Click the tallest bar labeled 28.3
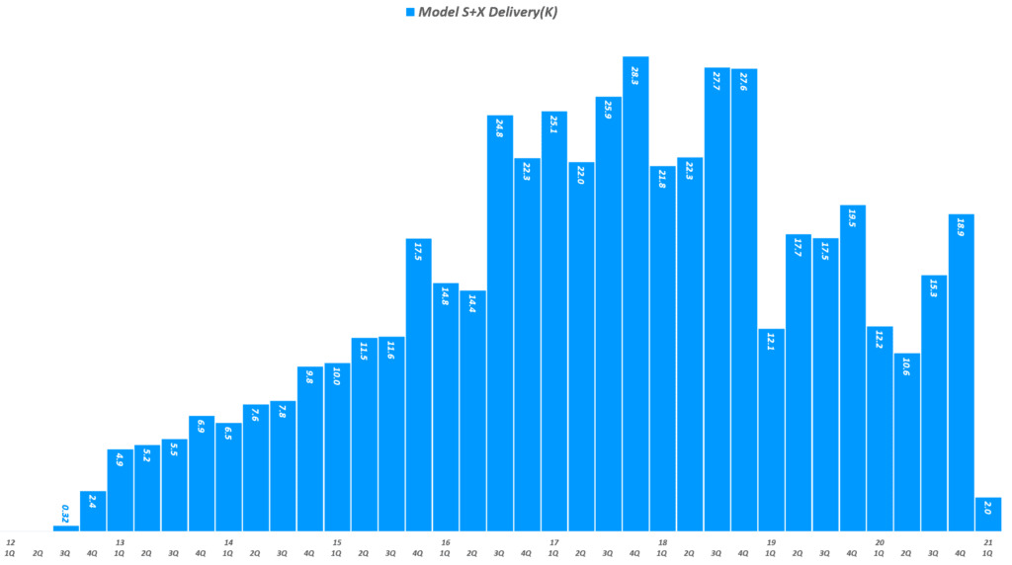pyautogui.click(x=635, y=296)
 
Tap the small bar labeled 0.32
pyautogui.click(x=65, y=527)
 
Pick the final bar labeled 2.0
pyautogui.click(x=987, y=515)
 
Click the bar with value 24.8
pyautogui.click(x=500, y=326)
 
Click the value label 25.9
pyautogui.click(x=609, y=111)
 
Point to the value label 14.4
pyautogui.click(x=472, y=304)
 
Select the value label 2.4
pyautogui.click(x=93, y=501)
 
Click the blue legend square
pyautogui.click(x=409, y=12)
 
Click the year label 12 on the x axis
pyautogui.click(x=10, y=542)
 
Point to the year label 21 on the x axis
pyautogui.click(x=988, y=542)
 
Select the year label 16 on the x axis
pyautogui.click(x=446, y=542)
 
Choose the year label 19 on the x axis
pyautogui.click(x=771, y=542)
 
